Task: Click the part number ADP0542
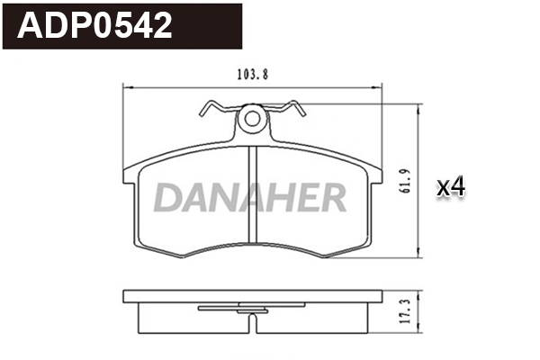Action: pyautogui.click(x=95, y=26)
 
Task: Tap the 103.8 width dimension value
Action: pyautogui.click(x=247, y=76)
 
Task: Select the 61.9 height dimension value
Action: pyautogui.click(x=409, y=180)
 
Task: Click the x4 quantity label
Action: pyautogui.click(x=450, y=187)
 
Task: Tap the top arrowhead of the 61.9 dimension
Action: pyautogui.click(x=419, y=107)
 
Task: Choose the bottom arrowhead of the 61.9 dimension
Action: pyautogui.click(x=419, y=254)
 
